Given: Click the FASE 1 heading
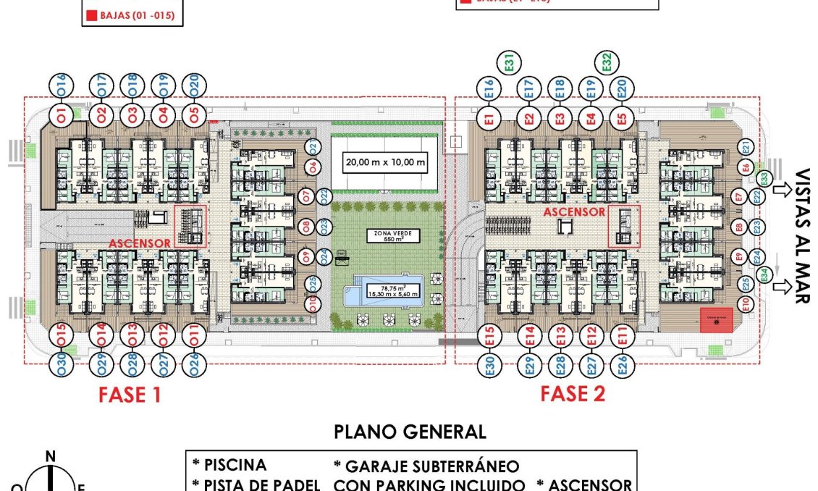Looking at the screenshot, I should (x=129, y=395).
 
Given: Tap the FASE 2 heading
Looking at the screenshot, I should (x=573, y=394).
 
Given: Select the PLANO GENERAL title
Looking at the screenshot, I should (x=410, y=432).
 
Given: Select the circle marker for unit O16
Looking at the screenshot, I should (x=61, y=86).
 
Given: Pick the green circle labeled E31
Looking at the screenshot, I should (x=510, y=63).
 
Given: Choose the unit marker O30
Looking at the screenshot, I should (x=61, y=364).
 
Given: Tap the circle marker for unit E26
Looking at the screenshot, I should (x=621, y=364).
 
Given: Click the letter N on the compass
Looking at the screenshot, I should (x=50, y=456).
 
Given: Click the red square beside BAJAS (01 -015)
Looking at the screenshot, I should (x=91, y=14).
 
